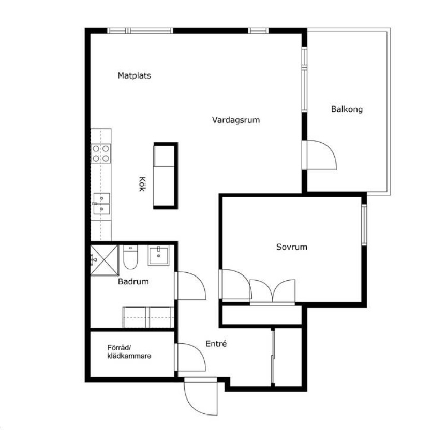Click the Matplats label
[134, 75]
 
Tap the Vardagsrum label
[236, 120]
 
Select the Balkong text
[347, 109]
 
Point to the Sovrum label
[291, 247]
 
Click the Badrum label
[133, 281]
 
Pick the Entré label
[216, 344]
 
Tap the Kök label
[142, 184]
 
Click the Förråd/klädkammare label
[129, 351]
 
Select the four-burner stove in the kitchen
[101, 153]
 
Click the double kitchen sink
[101, 204]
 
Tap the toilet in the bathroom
[130, 257]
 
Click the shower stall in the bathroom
[104, 260]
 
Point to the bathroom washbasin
[158, 255]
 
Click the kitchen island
[166, 176]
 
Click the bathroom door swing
[191, 285]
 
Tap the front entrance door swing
[201, 397]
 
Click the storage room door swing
[191, 357]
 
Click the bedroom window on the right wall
[364, 224]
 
